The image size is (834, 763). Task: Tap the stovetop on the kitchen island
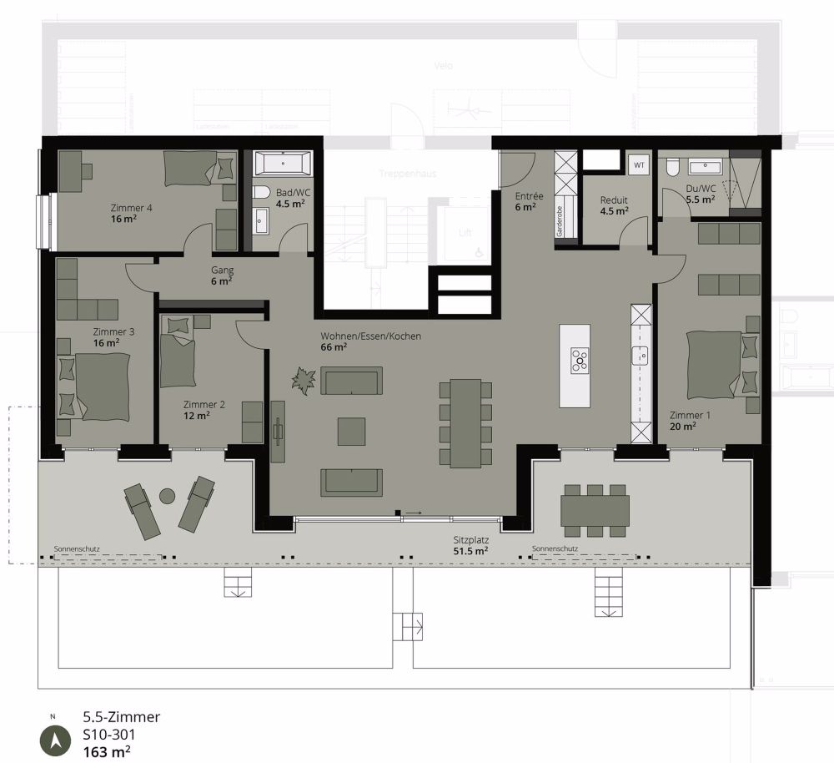pyautogui.click(x=580, y=361)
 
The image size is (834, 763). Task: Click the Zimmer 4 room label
pyautogui.click(x=131, y=208)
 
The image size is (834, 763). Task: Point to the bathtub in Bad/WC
pyautogui.click(x=283, y=162)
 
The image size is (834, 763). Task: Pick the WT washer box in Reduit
pyautogui.click(x=640, y=165)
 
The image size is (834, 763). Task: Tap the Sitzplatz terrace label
pyautogui.click(x=470, y=540)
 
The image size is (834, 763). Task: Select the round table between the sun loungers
pyautogui.click(x=168, y=495)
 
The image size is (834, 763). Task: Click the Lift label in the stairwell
pyautogui.click(x=465, y=233)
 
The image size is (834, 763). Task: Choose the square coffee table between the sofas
pyautogui.click(x=351, y=431)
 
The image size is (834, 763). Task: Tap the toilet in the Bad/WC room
pyautogui.click(x=259, y=193)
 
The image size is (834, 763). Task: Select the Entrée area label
pyautogui.click(x=529, y=196)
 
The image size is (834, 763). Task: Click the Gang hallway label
pyautogui.click(x=222, y=270)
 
